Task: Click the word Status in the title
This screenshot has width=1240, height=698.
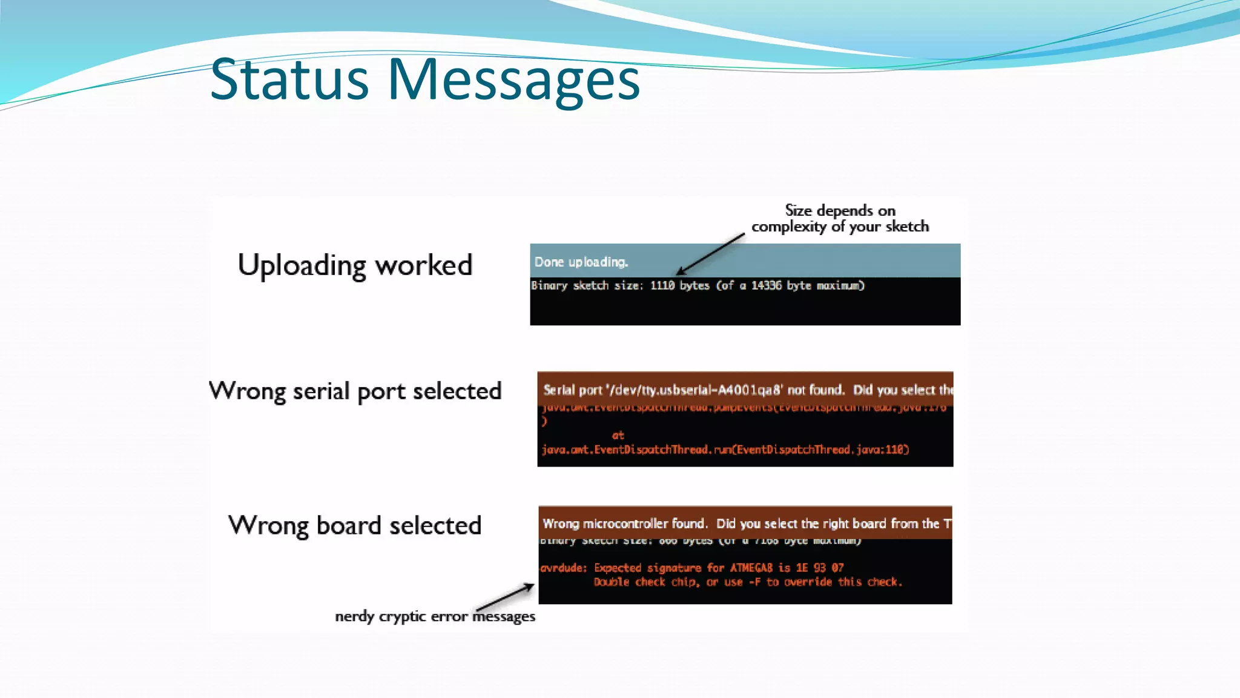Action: [x=289, y=79]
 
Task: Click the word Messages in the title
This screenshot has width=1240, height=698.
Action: [x=513, y=79]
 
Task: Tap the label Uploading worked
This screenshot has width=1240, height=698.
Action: [x=355, y=265]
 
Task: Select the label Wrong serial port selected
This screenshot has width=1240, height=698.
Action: [x=355, y=391]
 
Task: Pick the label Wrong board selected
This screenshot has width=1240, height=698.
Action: [x=355, y=525]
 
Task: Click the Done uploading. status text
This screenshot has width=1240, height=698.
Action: [x=581, y=262]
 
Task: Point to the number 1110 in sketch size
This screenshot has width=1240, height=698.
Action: [x=662, y=285]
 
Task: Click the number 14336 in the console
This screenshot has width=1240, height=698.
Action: [x=766, y=285]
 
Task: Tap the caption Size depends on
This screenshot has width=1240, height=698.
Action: [x=840, y=211]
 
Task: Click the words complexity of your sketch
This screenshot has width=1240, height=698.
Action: [x=840, y=227]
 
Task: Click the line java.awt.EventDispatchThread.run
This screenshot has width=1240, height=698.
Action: [x=725, y=450]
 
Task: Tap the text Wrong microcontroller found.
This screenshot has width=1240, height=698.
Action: [x=624, y=523]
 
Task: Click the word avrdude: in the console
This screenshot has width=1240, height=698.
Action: [x=563, y=568]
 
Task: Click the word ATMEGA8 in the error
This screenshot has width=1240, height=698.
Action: [x=751, y=568]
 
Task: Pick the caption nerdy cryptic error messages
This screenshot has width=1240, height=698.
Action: [x=435, y=617]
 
